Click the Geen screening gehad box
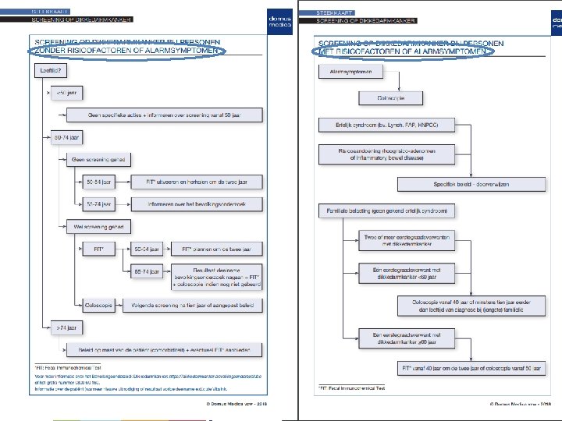point(98,160)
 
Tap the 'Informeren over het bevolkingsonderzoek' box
point(196,204)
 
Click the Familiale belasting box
point(386,210)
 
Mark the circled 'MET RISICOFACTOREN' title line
point(403,52)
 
